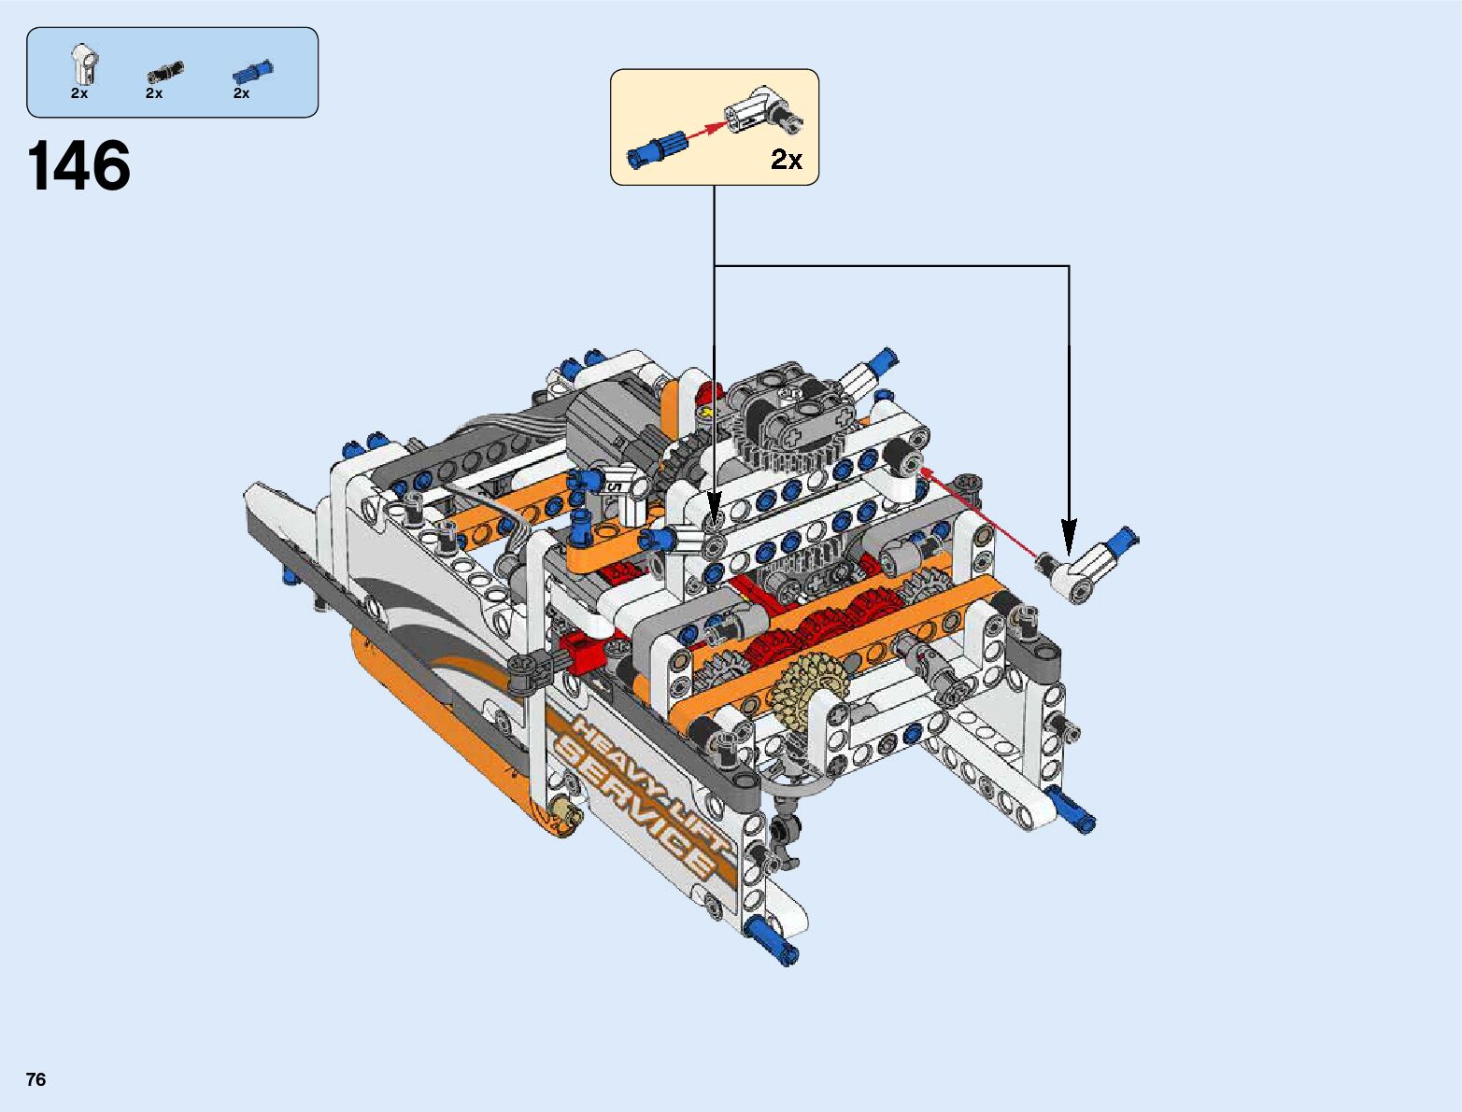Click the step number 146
click(x=78, y=165)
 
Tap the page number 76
click(x=36, y=1078)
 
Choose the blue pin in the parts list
click(x=252, y=71)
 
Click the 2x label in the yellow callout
click(x=787, y=160)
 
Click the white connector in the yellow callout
click(x=762, y=111)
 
